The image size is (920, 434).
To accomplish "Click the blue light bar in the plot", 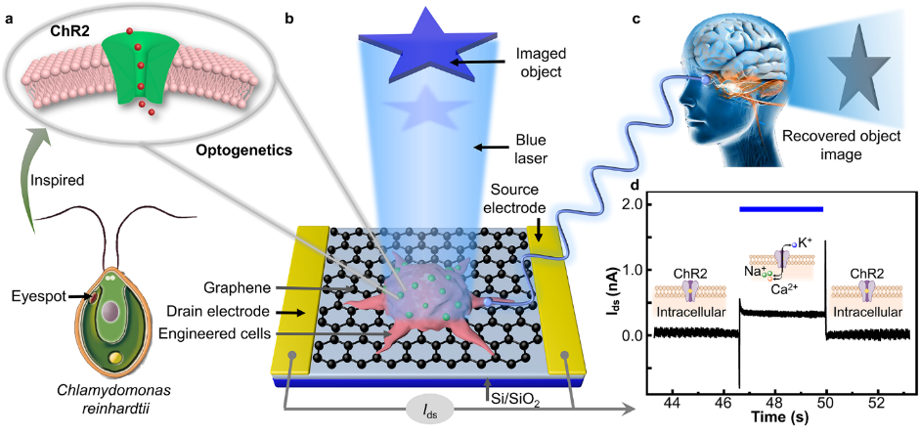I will [781, 208].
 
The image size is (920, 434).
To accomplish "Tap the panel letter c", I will [636, 14].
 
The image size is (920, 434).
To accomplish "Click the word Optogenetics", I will [241, 154].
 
